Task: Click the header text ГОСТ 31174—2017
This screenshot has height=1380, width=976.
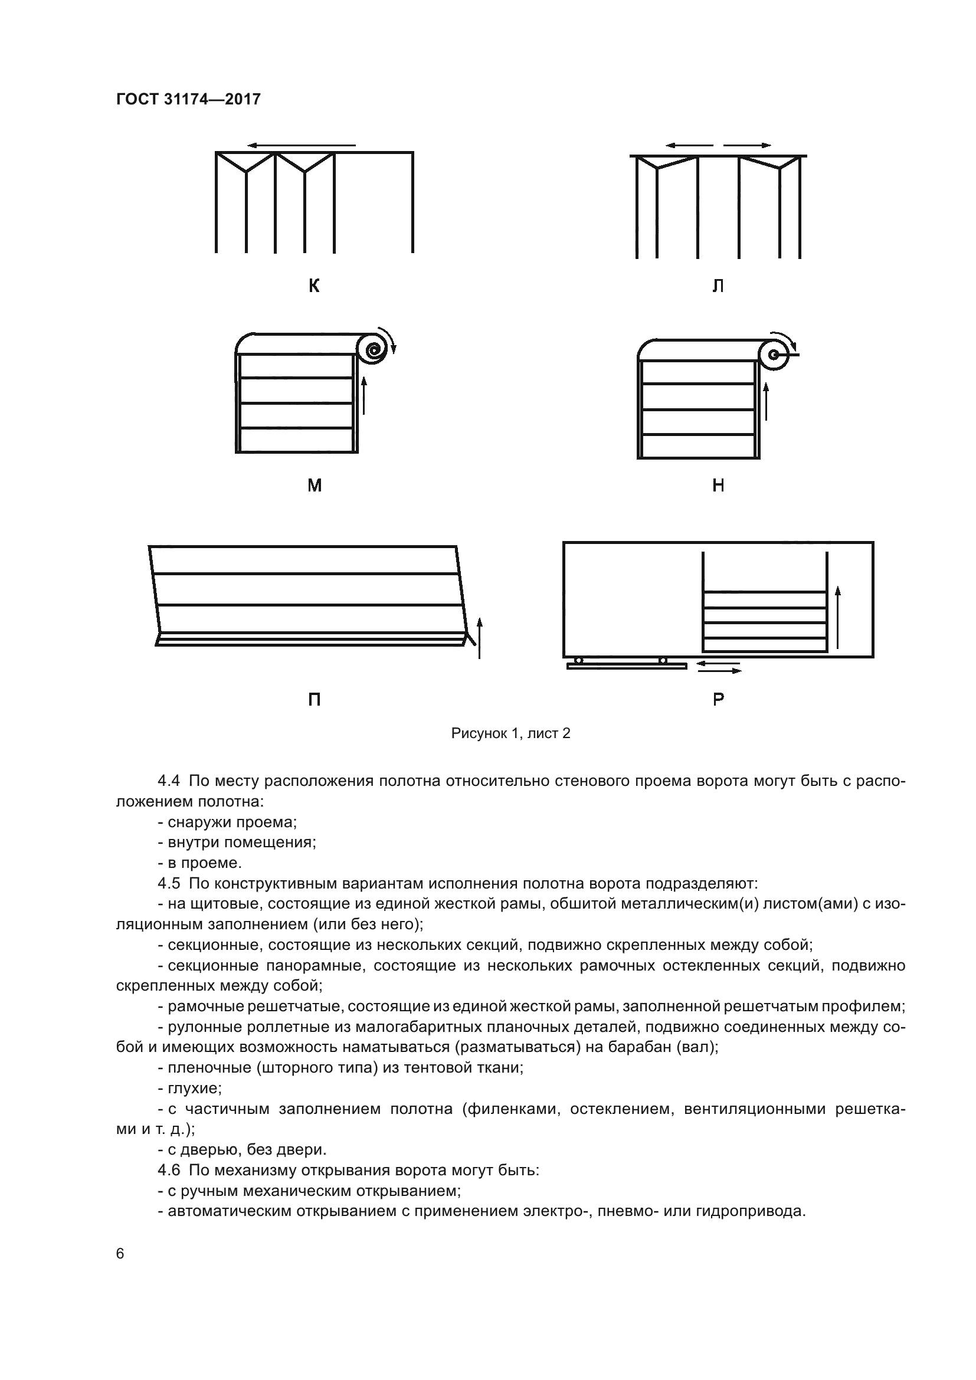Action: (188, 99)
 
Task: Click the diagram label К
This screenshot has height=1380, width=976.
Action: (314, 286)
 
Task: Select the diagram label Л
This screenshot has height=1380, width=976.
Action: (718, 286)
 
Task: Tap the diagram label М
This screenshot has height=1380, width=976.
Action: (315, 485)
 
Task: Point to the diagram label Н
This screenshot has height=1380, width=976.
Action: (718, 485)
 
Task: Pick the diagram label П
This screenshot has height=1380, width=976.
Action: (314, 700)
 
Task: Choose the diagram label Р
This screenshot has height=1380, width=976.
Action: (718, 700)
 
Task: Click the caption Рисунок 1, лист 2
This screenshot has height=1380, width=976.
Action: (510, 733)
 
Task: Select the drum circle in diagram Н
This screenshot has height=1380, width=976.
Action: (774, 355)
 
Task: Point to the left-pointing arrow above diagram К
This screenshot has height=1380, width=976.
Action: (300, 146)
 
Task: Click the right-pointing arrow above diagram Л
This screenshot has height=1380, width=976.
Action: (747, 146)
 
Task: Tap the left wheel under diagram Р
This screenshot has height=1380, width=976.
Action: (578, 661)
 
